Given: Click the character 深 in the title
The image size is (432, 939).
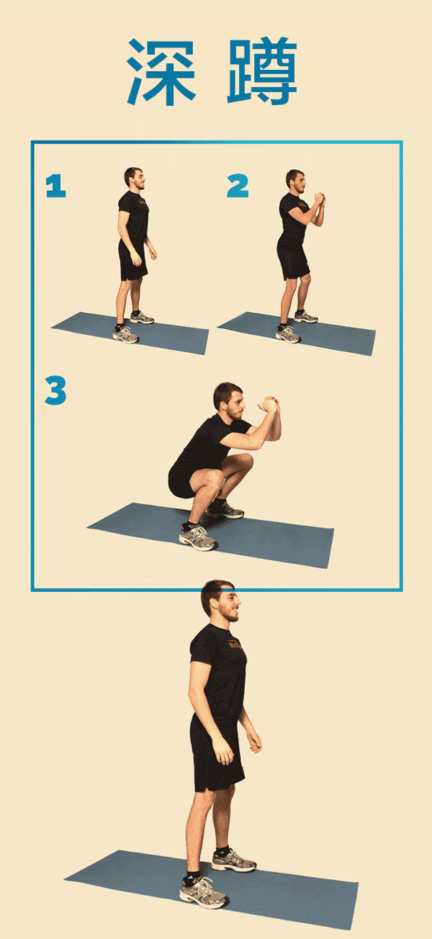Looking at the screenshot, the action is tap(161, 72).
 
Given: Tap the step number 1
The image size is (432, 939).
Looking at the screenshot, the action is tap(55, 186).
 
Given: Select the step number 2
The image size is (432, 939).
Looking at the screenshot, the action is tap(238, 186).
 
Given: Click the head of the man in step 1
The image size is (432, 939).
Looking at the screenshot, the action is tap(135, 178).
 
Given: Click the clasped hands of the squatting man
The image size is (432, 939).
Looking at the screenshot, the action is tap(268, 404).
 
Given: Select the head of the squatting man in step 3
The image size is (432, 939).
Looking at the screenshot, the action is tap(229, 401).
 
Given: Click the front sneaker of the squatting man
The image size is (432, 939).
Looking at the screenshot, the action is tap(198, 537).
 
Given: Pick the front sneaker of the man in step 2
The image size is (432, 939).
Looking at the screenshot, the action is tap(288, 334).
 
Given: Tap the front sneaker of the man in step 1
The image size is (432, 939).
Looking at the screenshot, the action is tap(126, 335).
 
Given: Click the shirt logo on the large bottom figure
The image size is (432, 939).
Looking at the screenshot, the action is tap(235, 644).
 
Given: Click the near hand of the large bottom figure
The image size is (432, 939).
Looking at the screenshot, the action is tap(223, 751).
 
